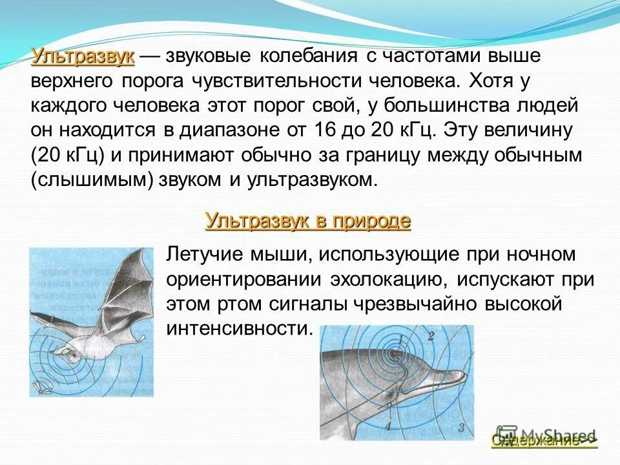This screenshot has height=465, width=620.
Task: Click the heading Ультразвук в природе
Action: coord(307,221)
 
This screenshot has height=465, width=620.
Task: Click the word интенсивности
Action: coord(239,328)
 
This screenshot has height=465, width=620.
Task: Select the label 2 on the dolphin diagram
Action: coord(430,336)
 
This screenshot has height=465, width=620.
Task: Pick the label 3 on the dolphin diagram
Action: coord(461,427)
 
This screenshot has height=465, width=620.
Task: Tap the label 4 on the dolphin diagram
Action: coord(388,426)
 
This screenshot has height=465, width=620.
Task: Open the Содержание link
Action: coord(544,440)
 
